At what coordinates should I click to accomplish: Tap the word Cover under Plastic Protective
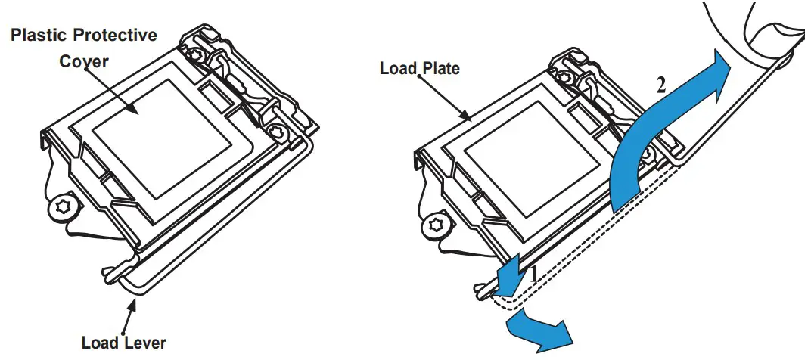[x=84, y=61]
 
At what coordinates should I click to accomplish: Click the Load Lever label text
[x=123, y=343]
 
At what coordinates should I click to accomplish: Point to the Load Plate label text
[x=419, y=69]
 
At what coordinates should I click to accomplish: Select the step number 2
[x=660, y=85]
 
